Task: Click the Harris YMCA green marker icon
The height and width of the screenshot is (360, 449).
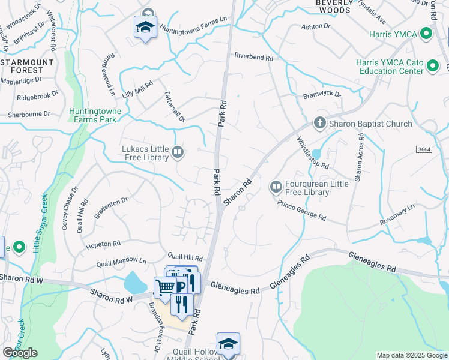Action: (x=427, y=34)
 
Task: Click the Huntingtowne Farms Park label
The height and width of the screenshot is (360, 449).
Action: (x=95, y=115)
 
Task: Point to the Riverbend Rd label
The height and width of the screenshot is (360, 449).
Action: (x=253, y=58)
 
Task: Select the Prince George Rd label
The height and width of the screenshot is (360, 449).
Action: (x=301, y=210)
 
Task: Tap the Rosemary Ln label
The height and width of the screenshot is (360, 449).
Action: (x=397, y=217)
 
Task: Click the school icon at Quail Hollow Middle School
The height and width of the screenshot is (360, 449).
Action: (x=228, y=344)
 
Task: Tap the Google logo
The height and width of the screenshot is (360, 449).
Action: (x=20, y=353)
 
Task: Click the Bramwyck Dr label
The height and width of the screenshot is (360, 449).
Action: (x=322, y=95)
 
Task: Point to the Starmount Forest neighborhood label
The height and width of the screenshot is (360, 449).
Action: (x=27, y=66)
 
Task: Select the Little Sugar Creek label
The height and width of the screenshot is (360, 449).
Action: (x=40, y=223)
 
